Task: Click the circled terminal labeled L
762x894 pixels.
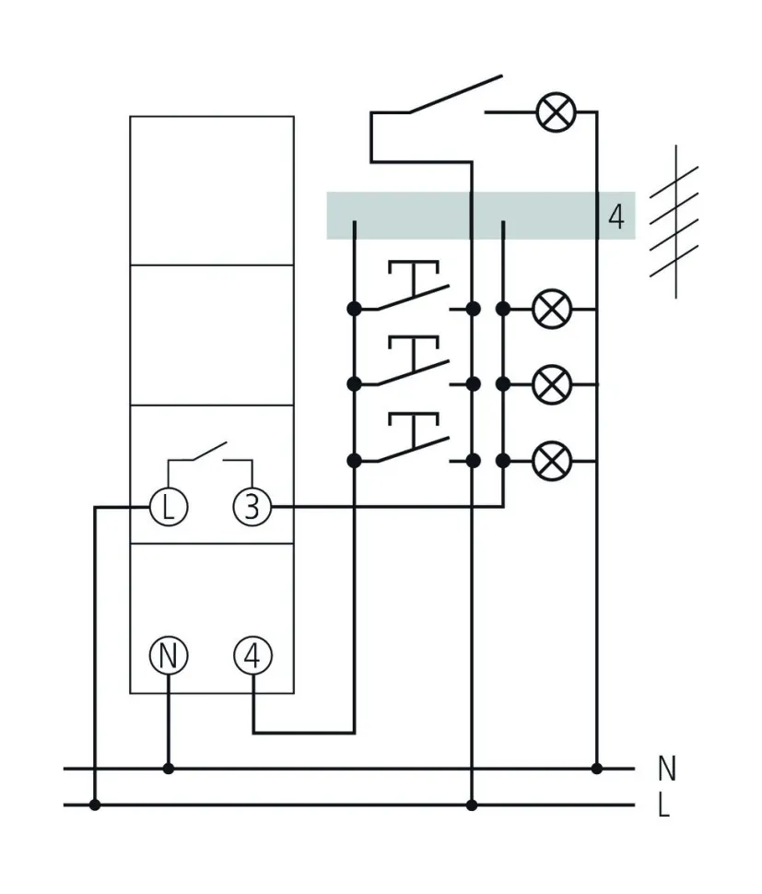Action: [x=169, y=507]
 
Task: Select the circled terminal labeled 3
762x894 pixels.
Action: [x=252, y=507]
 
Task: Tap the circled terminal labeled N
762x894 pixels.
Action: [x=169, y=656]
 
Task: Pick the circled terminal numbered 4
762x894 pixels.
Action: [x=252, y=656]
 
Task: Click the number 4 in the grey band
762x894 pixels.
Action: [x=616, y=218]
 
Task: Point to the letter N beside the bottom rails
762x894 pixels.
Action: [x=666, y=768]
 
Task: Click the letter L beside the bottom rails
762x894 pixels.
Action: [x=664, y=807]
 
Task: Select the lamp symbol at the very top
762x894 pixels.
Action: [x=555, y=112]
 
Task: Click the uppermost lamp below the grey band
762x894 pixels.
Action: [x=552, y=309]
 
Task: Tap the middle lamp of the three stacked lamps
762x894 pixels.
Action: [x=552, y=383]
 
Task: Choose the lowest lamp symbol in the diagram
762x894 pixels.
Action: [x=552, y=460]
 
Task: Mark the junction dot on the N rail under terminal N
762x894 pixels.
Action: [x=168, y=768]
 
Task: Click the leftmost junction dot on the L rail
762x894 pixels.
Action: [x=95, y=806]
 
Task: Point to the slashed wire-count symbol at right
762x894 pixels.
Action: [x=675, y=221]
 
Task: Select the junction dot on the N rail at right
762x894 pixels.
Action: [x=597, y=768]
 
